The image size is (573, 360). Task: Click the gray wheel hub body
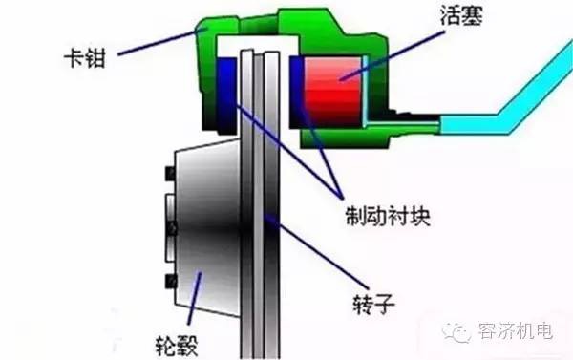pos(205,220)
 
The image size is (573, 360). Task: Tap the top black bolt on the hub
pos(169,174)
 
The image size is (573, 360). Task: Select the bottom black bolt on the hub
pos(169,281)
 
